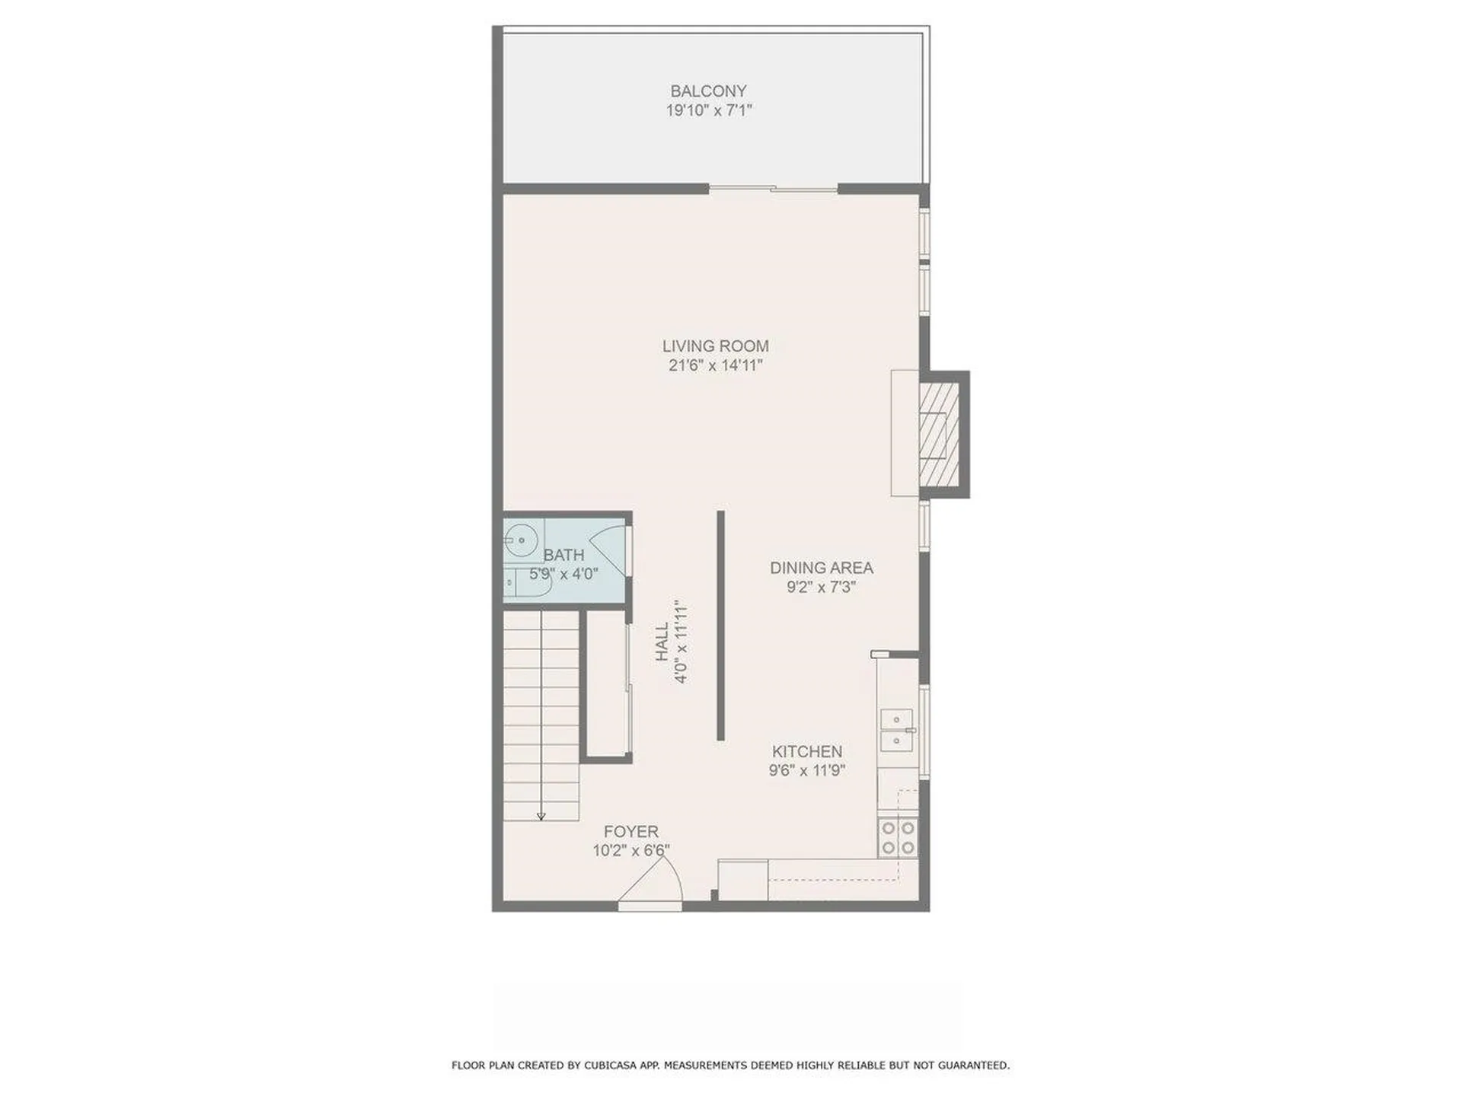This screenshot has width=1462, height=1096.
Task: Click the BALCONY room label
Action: coord(708,91)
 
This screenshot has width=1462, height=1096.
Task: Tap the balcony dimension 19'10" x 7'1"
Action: coord(708,110)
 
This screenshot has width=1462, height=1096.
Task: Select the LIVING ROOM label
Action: coord(715,346)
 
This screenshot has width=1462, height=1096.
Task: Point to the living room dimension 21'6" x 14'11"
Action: coord(715,365)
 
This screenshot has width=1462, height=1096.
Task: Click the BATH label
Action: coord(563,556)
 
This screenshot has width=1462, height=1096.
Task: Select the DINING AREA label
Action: coord(821,568)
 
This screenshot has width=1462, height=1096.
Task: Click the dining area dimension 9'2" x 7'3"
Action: coord(821,587)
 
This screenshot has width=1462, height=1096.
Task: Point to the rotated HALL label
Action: coord(662,642)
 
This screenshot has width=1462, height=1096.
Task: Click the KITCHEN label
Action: coord(807,751)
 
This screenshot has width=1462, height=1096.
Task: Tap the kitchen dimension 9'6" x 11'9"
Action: coord(807,770)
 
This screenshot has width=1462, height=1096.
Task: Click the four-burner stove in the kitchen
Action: coord(898,837)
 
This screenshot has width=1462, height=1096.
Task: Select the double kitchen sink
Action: coord(897,729)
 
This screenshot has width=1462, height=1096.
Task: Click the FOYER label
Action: coord(630,832)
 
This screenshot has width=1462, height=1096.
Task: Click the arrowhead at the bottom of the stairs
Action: coord(541,817)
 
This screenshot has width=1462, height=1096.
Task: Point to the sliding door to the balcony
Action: coord(773,188)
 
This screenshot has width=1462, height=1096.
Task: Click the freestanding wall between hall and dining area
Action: coord(720,625)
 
